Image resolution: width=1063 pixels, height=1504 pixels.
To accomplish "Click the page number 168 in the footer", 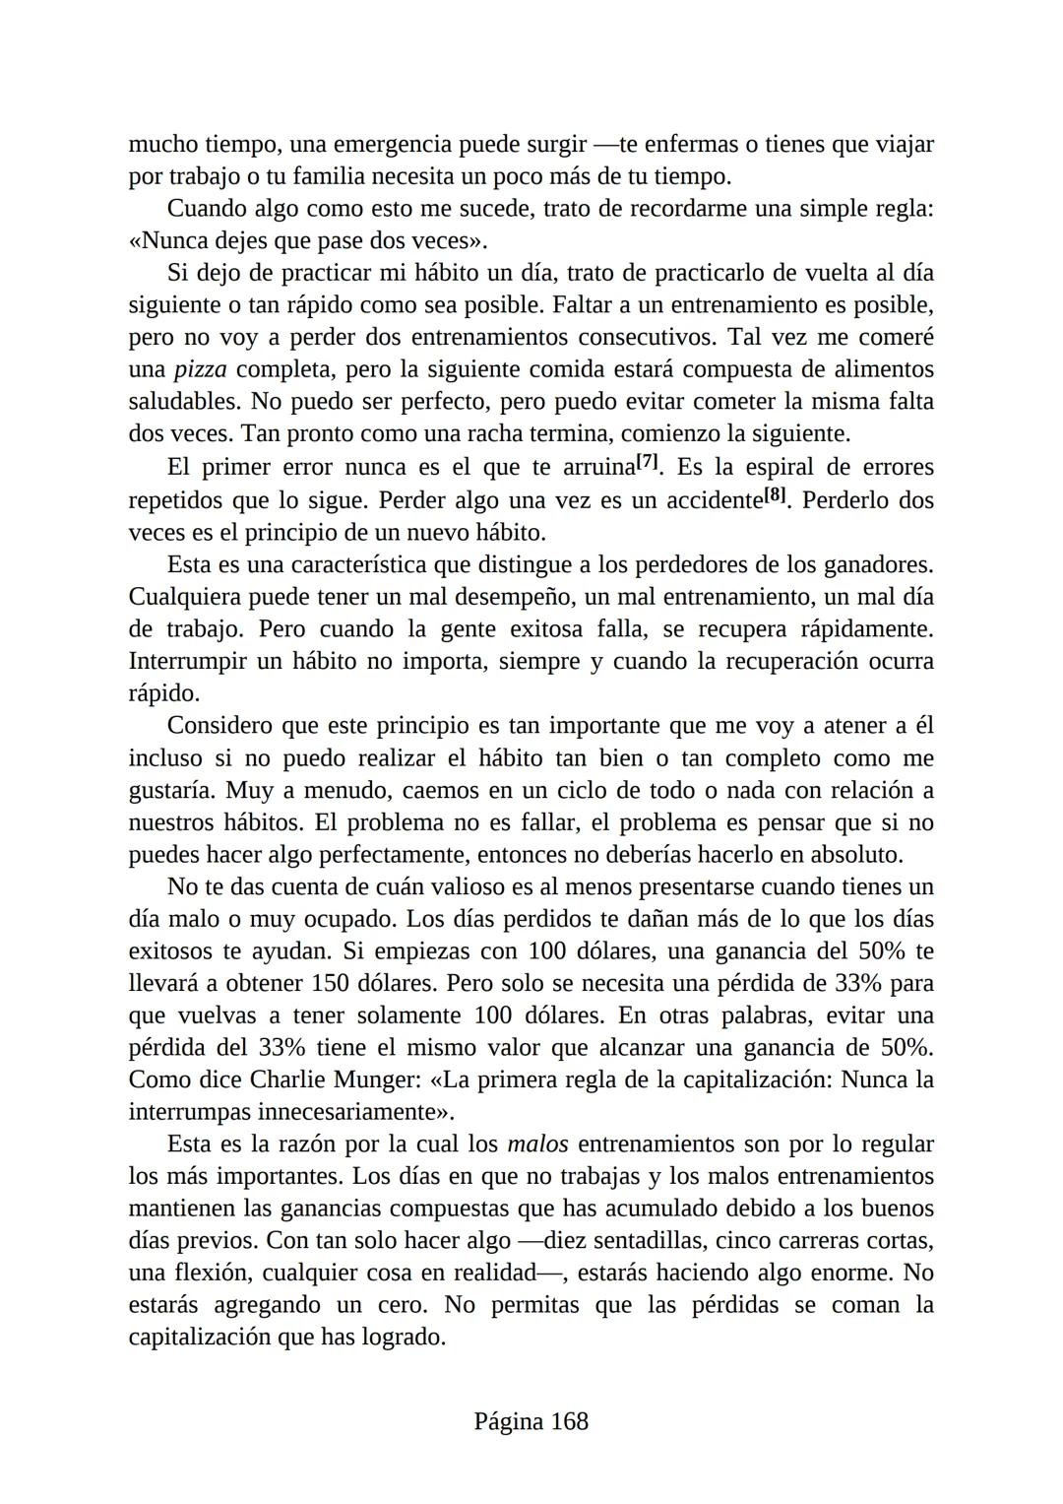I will (569, 1421).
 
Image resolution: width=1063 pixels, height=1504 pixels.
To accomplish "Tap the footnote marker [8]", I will (776, 494).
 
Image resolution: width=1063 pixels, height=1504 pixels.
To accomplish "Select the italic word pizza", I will (200, 369).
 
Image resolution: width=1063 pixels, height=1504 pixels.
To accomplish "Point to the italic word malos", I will (537, 1144).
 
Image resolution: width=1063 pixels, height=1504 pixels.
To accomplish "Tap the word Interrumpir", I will (187, 661).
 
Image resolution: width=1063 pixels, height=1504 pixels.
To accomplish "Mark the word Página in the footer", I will (508, 1421).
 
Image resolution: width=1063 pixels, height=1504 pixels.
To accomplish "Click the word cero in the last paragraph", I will (400, 1305).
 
